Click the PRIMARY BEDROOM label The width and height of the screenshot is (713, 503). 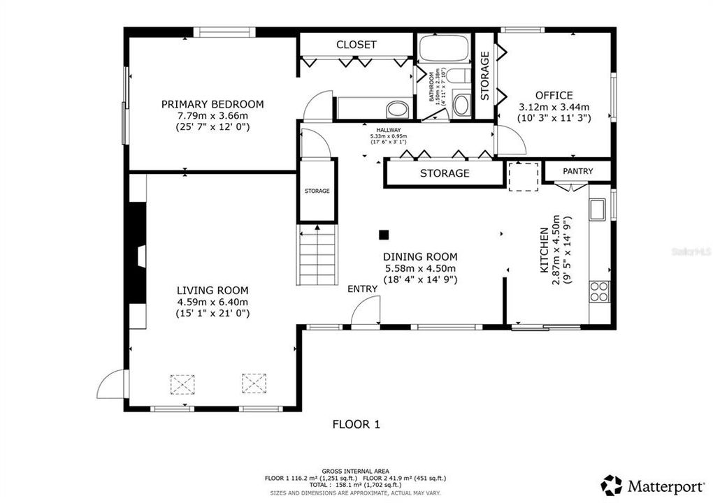(213, 104)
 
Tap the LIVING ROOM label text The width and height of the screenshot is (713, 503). (213, 291)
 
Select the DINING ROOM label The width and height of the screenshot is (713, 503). (419, 256)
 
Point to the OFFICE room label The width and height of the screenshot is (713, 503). (554, 96)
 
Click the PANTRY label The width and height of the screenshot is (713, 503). (578, 171)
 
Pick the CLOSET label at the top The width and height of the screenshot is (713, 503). (356, 44)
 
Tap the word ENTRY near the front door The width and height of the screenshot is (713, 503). (362, 289)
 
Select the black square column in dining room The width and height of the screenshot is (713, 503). (383, 235)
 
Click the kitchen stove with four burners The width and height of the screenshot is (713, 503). (600, 291)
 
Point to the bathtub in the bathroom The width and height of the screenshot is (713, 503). (445, 49)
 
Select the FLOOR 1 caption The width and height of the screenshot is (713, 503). (356, 424)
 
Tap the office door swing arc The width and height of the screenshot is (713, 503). (511, 142)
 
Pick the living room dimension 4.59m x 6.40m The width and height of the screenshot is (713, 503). (213, 302)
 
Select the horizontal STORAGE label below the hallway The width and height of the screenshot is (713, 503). (444, 173)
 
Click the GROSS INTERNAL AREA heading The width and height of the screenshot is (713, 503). (355, 471)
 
